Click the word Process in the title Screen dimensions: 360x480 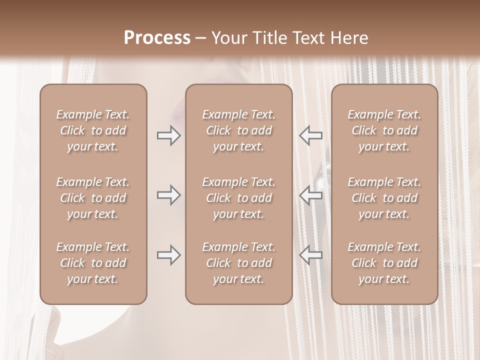157,38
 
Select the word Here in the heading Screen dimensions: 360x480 348,38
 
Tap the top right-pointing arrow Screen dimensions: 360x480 168,135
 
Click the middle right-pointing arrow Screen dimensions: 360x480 168,195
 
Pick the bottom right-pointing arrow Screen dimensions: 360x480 168,255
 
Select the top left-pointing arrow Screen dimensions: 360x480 311,135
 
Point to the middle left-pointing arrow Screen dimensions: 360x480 311,195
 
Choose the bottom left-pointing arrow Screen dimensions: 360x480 311,255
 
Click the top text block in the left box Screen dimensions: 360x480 93,130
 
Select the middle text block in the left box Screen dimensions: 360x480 93,198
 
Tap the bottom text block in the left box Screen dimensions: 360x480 93,263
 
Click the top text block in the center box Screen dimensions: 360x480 238,130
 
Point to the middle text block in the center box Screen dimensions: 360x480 238,198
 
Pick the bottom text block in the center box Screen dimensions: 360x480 238,263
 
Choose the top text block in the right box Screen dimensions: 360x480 384,130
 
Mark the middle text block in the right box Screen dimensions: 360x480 384,198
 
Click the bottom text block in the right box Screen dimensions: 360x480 384,263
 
